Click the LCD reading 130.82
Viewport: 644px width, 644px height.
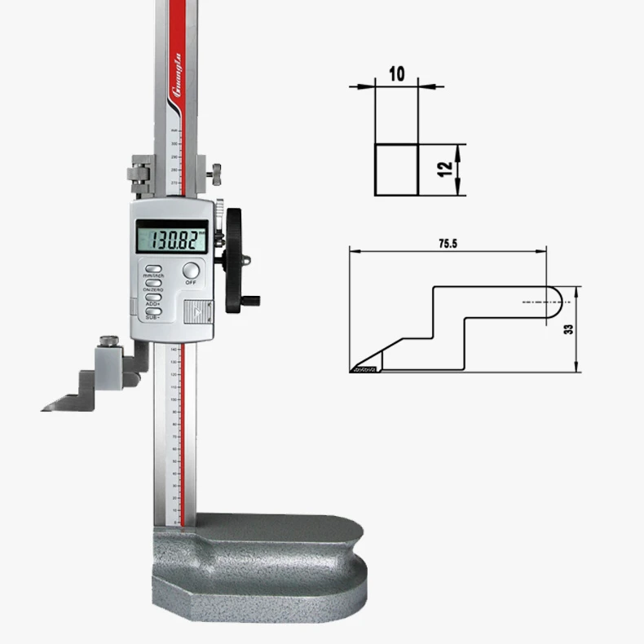point(171,240)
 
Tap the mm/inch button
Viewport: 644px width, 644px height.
point(153,269)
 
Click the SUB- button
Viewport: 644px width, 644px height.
point(152,311)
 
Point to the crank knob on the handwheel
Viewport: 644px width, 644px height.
point(254,300)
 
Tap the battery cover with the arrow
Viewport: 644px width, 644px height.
point(198,311)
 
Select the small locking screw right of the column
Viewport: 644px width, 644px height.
point(217,172)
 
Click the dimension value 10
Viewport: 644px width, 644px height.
point(397,74)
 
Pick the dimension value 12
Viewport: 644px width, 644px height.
point(444,170)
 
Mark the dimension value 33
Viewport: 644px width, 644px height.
point(568,329)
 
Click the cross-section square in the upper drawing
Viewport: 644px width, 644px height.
point(396,170)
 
